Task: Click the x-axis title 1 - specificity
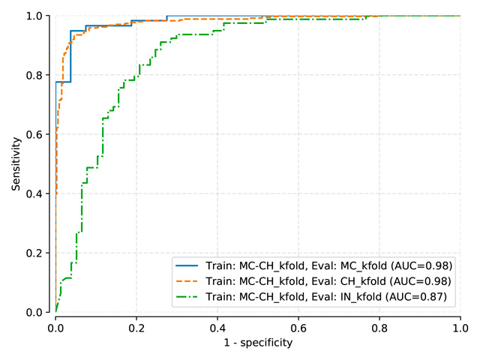point(257,343)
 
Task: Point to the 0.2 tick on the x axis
point(136,328)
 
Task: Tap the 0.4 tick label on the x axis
point(217,328)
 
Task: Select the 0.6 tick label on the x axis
point(298,328)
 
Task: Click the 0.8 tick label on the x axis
point(379,328)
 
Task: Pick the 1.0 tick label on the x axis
point(460,328)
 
